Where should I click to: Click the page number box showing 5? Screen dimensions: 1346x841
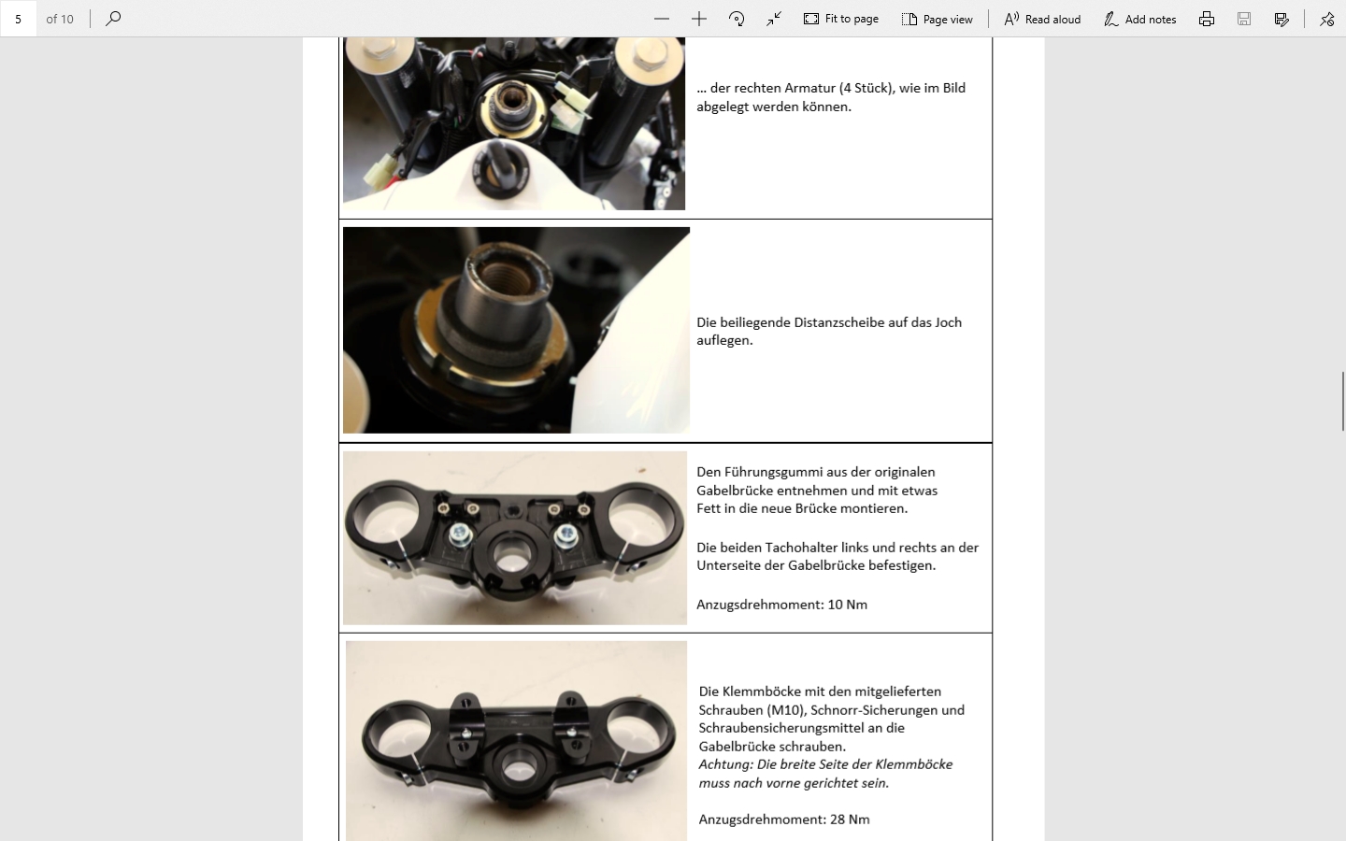18,19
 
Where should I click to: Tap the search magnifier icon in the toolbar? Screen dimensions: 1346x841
113,19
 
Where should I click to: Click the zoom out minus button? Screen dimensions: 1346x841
662,20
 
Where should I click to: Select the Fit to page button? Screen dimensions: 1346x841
841,20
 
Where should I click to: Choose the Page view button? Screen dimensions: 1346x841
938,20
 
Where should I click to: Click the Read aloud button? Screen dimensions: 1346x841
1042,20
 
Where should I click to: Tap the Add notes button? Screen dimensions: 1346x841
1140,20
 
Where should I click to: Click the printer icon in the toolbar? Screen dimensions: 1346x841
1207,20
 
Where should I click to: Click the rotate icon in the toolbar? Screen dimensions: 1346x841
737,20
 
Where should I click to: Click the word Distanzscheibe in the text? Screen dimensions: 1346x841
838,322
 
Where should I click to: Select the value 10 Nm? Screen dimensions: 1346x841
847,605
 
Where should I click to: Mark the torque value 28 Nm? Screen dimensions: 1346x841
850,820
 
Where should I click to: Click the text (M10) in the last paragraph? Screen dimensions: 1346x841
785,710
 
